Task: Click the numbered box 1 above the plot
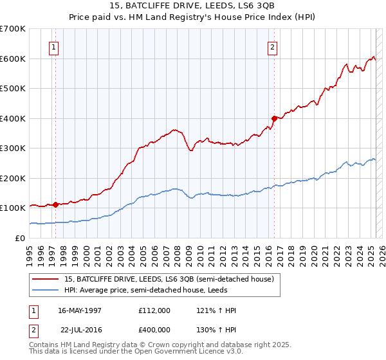pyautogui.click(x=53, y=46)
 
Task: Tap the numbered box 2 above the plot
pyautogui.click(x=273, y=46)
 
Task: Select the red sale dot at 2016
pyautogui.click(x=274, y=118)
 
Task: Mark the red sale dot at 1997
pyautogui.click(x=55, y=204)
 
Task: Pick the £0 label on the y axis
pyautogui.click(x=19, y=238)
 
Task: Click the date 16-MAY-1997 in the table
pyautogui.click(x=80, y=310)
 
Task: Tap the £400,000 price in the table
pyautogui.click(x=154, y=330)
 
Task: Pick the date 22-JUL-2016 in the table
pyautogui.click(x=81, y=330)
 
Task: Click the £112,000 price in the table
pyautogui.click(x=154, y=310)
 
